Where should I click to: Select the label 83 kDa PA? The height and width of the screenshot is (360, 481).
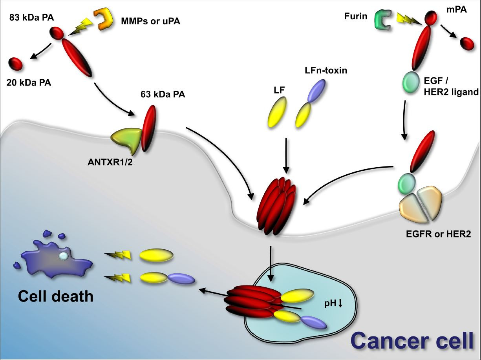pyautogui.click(x=31, y=18)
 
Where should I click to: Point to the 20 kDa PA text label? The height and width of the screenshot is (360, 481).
pyautogui.click(x=29, y=82)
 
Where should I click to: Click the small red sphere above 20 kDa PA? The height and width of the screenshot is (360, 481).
pyautogui.click(x=16, y=64)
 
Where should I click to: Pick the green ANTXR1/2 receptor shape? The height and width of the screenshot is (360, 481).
pyautogui.click(x=126, y=141)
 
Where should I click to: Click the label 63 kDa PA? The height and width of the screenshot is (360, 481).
pyautogui.click(x=163, y=94)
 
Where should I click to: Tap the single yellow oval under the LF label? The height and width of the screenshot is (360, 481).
pyautogui.click(x=277, y=112)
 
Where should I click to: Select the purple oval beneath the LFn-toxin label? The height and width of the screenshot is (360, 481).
pyautogui.click(x=316, y=91)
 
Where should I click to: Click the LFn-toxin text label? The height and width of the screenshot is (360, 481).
pyautogui.click(x=326, y=70)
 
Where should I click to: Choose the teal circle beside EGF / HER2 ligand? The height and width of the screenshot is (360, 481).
pyautogui.click(x=410, y=82)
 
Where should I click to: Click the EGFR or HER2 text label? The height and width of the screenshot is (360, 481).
pyautogui.click(x=438, y=234)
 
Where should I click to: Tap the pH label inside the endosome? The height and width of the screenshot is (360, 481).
pyautogui.click(x=333, y=303)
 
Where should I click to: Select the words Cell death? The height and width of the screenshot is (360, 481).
pyautogui.click(x=56, y=296)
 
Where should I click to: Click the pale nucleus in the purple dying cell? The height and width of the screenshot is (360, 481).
pyautogui.click(x=64, y=256)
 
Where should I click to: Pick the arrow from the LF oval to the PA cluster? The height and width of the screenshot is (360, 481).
pyautogui.click(x=286, y=155)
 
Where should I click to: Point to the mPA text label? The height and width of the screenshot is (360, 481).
pyautogui.click(x=456, y=9)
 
